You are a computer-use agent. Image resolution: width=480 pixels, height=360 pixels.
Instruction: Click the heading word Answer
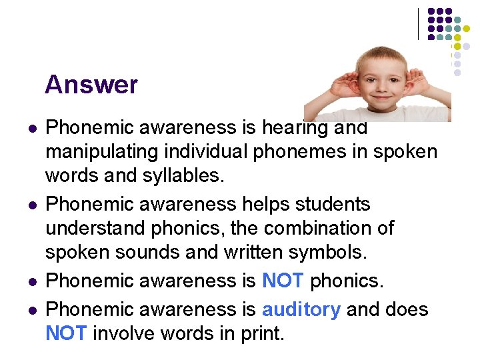[91, 85]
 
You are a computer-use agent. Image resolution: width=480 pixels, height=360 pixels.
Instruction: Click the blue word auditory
[301, 309]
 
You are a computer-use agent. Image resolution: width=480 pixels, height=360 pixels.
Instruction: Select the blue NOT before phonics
[283, 281]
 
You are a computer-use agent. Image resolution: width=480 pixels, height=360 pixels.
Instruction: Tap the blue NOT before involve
[65, 333]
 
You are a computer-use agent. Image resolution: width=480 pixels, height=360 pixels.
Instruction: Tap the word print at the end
[261, 333]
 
